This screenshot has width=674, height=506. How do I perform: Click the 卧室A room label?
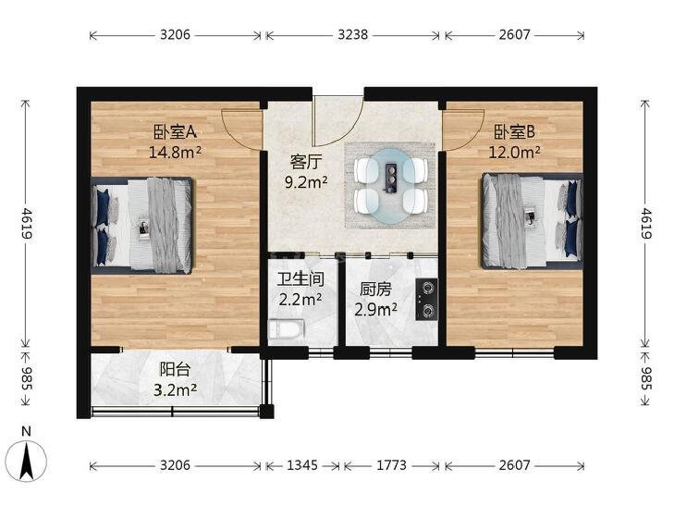click(x=176, y=132)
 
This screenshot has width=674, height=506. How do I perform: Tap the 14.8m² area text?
click(x=175, y=152)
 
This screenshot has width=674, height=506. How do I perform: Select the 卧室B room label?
click(x=515, y=132)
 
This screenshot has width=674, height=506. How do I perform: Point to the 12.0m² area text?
click(x=515, y=152)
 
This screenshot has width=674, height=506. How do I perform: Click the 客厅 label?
click(x=306, y=163)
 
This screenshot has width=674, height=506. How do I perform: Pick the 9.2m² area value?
click(x=306, y=183)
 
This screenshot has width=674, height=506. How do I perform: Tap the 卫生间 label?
click(x=300, y=280)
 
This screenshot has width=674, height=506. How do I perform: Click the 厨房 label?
click(x=375, y=290)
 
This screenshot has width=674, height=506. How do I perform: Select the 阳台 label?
click(x=175, y=370)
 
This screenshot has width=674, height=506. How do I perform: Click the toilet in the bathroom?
click(x=286, y=329)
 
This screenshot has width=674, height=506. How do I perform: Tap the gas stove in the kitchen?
click(x=426, y=299)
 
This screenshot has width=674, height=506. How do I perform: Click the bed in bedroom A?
click(x=142, y=226)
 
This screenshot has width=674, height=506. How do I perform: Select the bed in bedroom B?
click(x=533, y=221)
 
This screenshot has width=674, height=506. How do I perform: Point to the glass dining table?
click(x=391, y=187)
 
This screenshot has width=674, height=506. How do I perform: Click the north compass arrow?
click(x=27, y=462)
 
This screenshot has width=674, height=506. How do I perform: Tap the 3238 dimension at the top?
click(x=353, y=35)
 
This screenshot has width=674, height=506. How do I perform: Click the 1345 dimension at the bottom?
click(x=302, y=465)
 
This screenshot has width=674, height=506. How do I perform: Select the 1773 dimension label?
click(x=392, y=465)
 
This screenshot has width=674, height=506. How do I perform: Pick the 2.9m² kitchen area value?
click(x=375, y=310)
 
